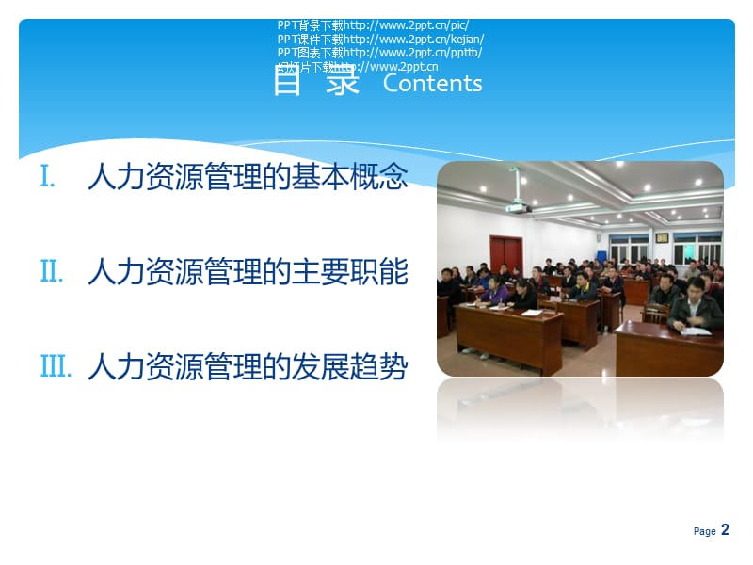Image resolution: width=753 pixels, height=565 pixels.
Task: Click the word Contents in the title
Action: pos(432,83)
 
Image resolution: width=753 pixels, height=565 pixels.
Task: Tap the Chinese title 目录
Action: pos(316,81)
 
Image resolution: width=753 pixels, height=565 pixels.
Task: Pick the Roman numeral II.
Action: pos(52,272)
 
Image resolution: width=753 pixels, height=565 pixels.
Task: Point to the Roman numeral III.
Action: pos(56,367)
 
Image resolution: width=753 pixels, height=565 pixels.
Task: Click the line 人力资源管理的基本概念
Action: pos(248,177)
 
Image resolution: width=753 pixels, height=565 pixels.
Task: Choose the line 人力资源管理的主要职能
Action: pos(248,272)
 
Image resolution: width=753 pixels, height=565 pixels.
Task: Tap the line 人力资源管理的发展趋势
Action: pos(248,367)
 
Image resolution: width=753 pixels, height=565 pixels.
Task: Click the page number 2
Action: pos(725,530)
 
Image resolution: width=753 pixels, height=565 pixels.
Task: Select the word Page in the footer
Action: pos(704,532)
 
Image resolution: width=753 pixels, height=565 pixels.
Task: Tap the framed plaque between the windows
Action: pos(662,237)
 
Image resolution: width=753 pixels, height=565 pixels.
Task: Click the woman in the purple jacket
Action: pos(496,291)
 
